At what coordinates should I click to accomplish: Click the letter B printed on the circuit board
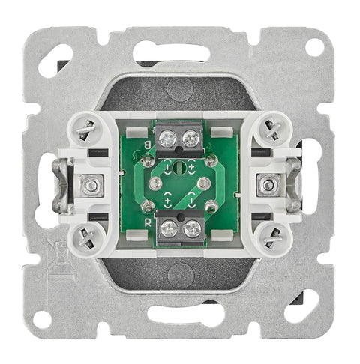[148, 145]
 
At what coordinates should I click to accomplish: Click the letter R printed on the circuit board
[148, 223]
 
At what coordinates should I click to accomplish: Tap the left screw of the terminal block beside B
[167, 139]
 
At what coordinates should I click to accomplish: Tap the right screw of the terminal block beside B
[190, 139]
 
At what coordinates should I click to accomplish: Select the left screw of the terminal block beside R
[169, 229]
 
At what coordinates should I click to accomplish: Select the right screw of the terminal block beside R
[192, 229]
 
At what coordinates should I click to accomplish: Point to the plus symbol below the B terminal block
[192, 166]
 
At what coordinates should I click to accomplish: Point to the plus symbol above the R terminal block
[168, 201]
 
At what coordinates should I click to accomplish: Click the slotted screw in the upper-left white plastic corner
[85, 130]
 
